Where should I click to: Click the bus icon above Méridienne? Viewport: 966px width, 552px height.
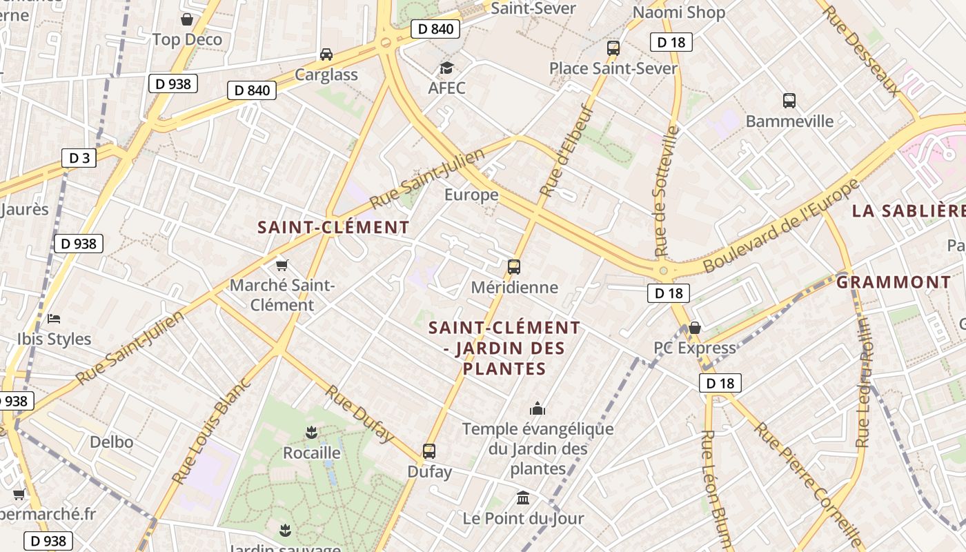click(513, 266)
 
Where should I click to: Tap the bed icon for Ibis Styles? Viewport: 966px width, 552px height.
click(54, 318)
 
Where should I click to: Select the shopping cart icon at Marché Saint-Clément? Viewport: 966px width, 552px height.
click(282, 265)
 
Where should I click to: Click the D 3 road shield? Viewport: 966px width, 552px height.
click(79, 158)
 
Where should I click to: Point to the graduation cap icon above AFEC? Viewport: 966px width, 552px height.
click(446, 68)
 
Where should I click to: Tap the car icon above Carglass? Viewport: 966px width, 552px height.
click(326, 54)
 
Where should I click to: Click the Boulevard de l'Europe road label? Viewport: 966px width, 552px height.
click(781, 226)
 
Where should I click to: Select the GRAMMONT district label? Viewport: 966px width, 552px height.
click(894, 282)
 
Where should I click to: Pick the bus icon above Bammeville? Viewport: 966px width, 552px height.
click(789, 101)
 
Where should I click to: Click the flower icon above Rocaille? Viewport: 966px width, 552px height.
click(311, 433)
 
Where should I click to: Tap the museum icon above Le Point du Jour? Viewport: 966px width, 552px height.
click(523, 497)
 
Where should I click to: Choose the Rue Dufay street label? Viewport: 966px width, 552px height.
click(359, 414)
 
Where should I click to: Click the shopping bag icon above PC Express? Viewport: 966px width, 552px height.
click(695, 327)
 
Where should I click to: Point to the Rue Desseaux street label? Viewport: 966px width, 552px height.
click(862, 50)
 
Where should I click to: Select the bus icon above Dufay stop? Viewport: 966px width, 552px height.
click(429, 451)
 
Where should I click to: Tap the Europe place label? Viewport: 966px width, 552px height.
click(471, 195)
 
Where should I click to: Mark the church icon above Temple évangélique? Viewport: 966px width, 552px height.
click(538, 408)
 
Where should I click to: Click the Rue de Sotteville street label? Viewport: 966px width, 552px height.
click(667, 191)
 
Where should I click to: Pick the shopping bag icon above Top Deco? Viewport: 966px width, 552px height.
click(187, 19)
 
